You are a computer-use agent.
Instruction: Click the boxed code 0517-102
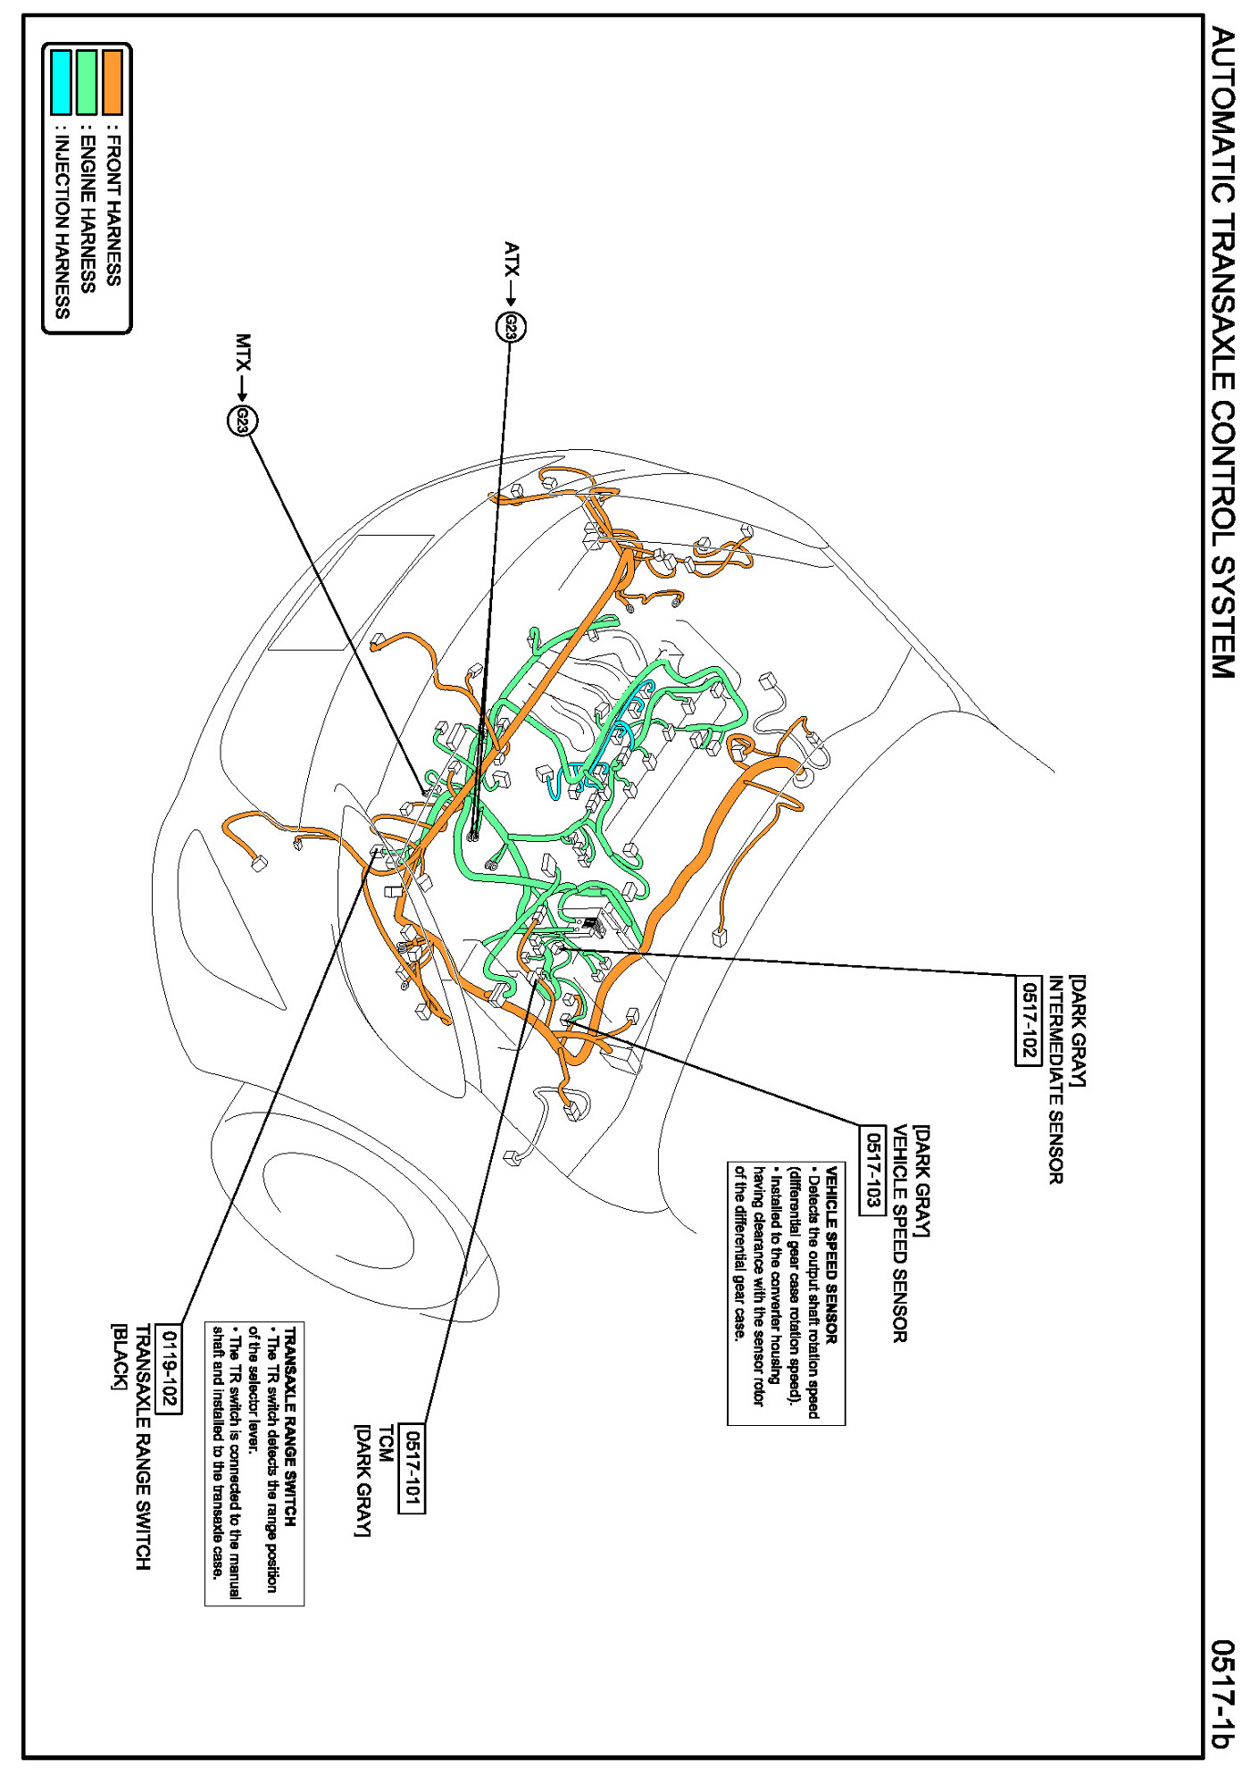coord(1029,1020)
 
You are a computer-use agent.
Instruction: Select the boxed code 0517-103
coord(871,1171)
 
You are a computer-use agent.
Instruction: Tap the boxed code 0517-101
coord(412,1467)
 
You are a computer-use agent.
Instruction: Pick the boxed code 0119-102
coord(169,1371)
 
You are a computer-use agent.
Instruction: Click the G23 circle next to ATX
coord(511,328)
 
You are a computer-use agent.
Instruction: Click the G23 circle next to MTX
coord(242,420)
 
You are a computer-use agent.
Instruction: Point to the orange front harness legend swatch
coord(113,82)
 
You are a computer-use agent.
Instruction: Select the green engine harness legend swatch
coord(87,82)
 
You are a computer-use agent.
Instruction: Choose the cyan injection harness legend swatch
coord(61,82)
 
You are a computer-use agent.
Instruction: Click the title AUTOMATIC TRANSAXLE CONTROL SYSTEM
coord(1222,353)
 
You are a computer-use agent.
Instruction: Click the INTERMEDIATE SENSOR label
coord(1055,1080)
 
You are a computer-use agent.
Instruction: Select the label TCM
coord(386,1443)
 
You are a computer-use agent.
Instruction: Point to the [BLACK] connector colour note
coord(119,1356)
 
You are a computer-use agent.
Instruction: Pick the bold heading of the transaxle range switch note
coord(291,1426)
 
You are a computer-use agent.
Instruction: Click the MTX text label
coord(243,352)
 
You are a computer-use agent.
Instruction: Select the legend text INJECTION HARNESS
coord(62,222)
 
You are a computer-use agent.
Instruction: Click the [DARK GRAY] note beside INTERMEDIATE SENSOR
coord(1078,1031)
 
